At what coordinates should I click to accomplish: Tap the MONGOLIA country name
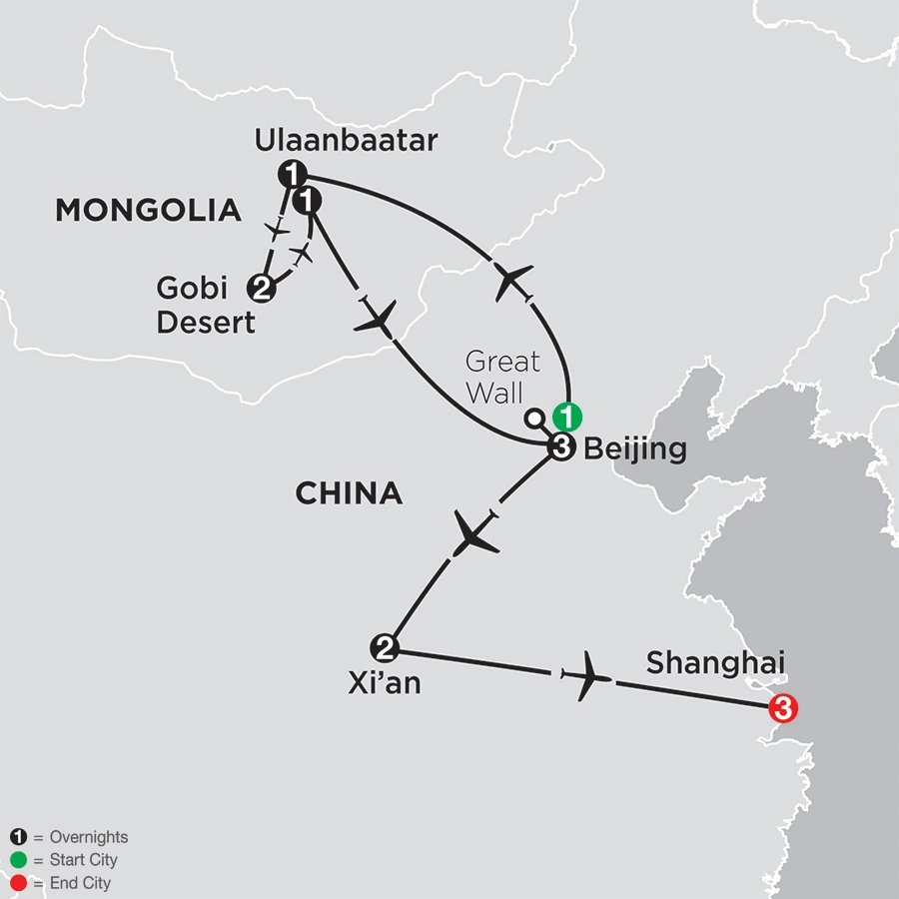pos(148,210)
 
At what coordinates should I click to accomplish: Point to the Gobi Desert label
pos(206,306)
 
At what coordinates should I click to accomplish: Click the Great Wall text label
pos(502,376)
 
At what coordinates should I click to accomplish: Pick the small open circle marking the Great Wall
pos(534,418)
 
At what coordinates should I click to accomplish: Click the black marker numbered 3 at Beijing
pos(560,449)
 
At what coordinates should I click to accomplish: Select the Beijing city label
pos(634,449)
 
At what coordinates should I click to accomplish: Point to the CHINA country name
pos(349,492)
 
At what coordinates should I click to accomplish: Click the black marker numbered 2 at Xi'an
pos(385,648)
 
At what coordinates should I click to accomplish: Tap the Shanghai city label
pos(708,662)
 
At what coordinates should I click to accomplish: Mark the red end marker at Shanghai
pos(783,709)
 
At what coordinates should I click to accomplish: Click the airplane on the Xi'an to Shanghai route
pos(585,677)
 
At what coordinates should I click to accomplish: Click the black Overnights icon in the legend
pos(16,838)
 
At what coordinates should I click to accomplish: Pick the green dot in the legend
pos(16,860)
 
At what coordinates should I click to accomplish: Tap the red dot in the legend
pos(16,883)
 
